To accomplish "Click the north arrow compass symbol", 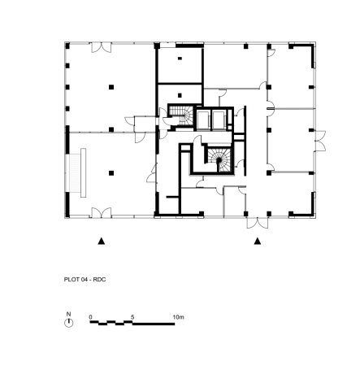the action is (x=69, y=323).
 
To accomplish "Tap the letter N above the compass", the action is (x=68, y=314).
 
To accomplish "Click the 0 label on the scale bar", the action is (x=90, y=317).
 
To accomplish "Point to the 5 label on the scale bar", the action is (x=132, y=317).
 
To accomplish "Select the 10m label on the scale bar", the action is (x=178, y=317).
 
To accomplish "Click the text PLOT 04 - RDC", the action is (x=85, y=280).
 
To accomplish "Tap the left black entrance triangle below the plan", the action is (x=102, y=241).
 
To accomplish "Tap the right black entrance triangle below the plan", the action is (x=258, y=241).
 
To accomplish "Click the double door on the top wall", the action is (x=102, y=48).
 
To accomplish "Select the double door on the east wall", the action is (x=320, y=141).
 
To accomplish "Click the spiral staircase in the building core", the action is (x=219, y=160).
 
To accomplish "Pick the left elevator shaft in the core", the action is (x=203, y=120).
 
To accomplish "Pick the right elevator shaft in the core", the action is (x=219, y=120).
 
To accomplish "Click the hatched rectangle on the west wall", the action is (x=75, y=172).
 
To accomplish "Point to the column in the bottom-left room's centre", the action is (x=111, y=173).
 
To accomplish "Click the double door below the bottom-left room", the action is (x=102, y=212).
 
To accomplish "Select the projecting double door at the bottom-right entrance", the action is (x=258, y=223).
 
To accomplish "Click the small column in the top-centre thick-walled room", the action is (x=180, y=59).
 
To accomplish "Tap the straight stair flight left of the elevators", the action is (x=176, y=111).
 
